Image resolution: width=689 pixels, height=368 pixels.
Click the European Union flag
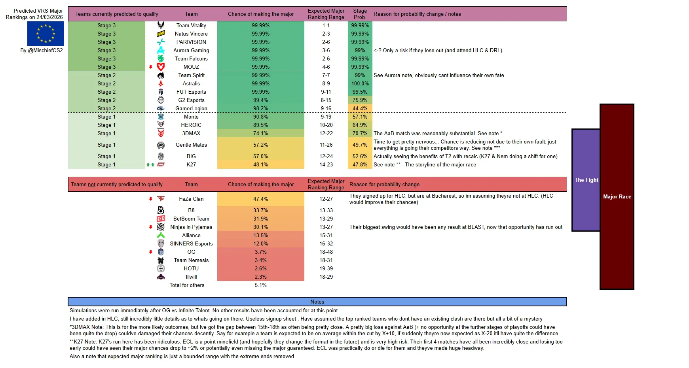click(46, 34)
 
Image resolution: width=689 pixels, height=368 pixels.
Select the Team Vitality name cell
click(191, 25)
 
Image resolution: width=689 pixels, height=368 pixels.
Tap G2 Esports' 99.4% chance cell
click(260, 100)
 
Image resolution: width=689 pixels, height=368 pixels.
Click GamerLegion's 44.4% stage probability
click(360, 108)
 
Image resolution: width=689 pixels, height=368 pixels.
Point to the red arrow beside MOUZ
click(151, 67)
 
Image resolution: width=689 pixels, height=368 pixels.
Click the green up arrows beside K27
click(150, 164)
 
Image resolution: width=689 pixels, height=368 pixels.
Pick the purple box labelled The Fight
click(586, 180)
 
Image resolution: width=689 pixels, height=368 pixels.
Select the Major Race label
click(617, 196)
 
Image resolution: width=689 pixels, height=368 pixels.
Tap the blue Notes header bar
click(317, 302)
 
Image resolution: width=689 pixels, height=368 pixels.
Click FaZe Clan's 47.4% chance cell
click(260, 199)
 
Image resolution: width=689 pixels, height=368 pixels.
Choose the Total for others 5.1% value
click(260, 285)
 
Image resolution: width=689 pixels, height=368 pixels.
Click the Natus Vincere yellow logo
click(161, 34)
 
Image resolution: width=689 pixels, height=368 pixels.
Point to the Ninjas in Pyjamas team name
click(191, 227)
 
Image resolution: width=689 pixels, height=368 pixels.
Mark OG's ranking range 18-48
click(326, 252)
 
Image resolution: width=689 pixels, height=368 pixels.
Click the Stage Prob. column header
click(360, 14)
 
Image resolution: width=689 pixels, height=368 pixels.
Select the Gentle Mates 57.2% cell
click(260, 145)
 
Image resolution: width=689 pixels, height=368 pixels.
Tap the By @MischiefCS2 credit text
click(42, 50)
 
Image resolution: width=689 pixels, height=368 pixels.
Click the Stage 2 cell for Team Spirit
click(106, 75)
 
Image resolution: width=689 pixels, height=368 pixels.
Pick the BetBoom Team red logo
click(161, 219)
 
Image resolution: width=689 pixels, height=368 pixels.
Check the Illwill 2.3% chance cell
click(260, 277)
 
